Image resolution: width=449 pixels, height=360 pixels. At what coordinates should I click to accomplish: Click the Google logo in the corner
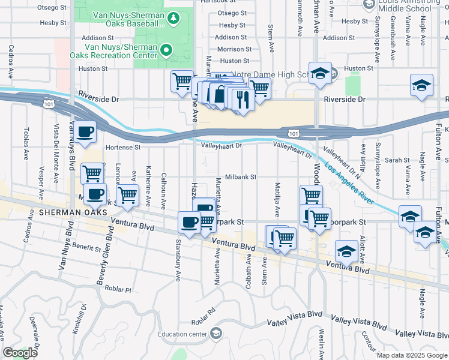click(20, 353)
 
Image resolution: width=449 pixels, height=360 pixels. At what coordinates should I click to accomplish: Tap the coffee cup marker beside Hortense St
click(85, 133)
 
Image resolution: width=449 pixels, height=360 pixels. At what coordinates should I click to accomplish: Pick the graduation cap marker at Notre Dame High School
click(321, 74)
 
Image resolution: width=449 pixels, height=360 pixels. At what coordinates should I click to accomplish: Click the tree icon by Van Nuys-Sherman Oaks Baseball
click(174, 18)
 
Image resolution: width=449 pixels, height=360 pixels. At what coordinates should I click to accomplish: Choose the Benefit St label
click(86, 247)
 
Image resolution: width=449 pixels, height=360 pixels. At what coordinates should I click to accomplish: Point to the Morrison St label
click(231, 49)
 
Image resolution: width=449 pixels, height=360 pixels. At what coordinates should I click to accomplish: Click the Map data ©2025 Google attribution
click(412, 355)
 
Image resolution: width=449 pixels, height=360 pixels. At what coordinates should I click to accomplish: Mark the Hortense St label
click(122, 147)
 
